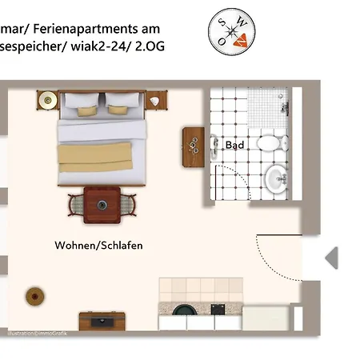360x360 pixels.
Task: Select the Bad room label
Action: pyautogui.click(x=234, y=145)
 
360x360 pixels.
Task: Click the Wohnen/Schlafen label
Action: pyautogui.click(x=98, y=246)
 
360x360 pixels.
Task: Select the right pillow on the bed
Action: pyautogui.click(x=122, y=102)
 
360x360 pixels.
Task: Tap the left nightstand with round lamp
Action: pyautogui.click(x=47, y=102)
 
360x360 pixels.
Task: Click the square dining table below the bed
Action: pyautogui.click(x=102, y=204)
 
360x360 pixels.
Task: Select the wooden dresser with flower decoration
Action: pyautogui.click(x=193, y=146)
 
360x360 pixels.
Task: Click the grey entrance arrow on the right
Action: pyautogui.click(x=330, y=258)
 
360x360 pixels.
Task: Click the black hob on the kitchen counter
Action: pyautogui.click(x=218, y=309)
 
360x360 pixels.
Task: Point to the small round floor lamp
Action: pyautogui.click(x=34, y=293)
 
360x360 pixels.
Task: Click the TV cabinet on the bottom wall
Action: pyautogui.click(x=102, y=321)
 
